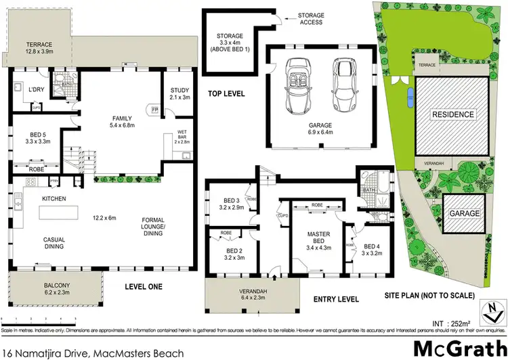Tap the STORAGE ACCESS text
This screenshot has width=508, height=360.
(x=312, y=19)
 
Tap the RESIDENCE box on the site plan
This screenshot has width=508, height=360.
(x=453, y=114)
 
